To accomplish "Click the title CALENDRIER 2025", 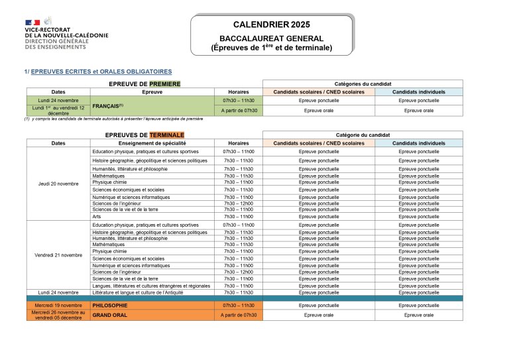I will pyautogui.click(x=272, y=25).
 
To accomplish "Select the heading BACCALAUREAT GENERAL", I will pyautogui.click(x=271, y=38).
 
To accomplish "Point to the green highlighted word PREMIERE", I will pyautogui.click(x=164, y=84).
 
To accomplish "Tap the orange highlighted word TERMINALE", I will pyautogui.click(x=166, y=135).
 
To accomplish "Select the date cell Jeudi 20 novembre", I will pyautogui.click(x=58, y=183).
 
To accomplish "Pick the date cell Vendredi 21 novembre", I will pyautogui.click(x=58, y=255).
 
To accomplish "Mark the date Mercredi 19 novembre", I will pyautogui.click(x=58, y=305).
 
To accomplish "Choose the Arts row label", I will pyautogui.click(x=96, y=216).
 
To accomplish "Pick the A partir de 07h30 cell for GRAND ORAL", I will pyautogui.click(x=239, y=315).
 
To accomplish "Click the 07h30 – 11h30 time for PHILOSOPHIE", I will pyautogui.click(x=239, y=305).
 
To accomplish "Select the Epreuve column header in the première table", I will pyautogui.click(x=152, y=91).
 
